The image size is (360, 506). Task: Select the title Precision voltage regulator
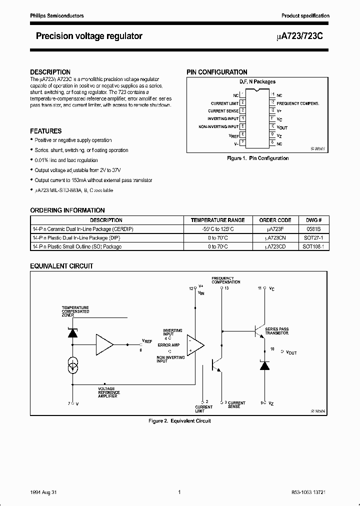point(89,36)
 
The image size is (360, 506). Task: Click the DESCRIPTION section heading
point(50,72)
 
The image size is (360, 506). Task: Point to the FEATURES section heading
point(46,131)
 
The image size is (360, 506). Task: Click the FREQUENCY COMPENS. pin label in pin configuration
point(297,103)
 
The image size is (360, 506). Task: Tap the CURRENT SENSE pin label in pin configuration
point(223,110)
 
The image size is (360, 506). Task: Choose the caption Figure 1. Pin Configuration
point(257,158)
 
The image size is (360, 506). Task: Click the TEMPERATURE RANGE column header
point(217,220)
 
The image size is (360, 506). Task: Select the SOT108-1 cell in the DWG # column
point(313,246)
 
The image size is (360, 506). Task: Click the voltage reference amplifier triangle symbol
point(104,344)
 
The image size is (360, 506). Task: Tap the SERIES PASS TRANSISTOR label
point(277,330)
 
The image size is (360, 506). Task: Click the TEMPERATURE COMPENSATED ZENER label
point(75,311)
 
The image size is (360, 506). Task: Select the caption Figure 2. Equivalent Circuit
point(180,420)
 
